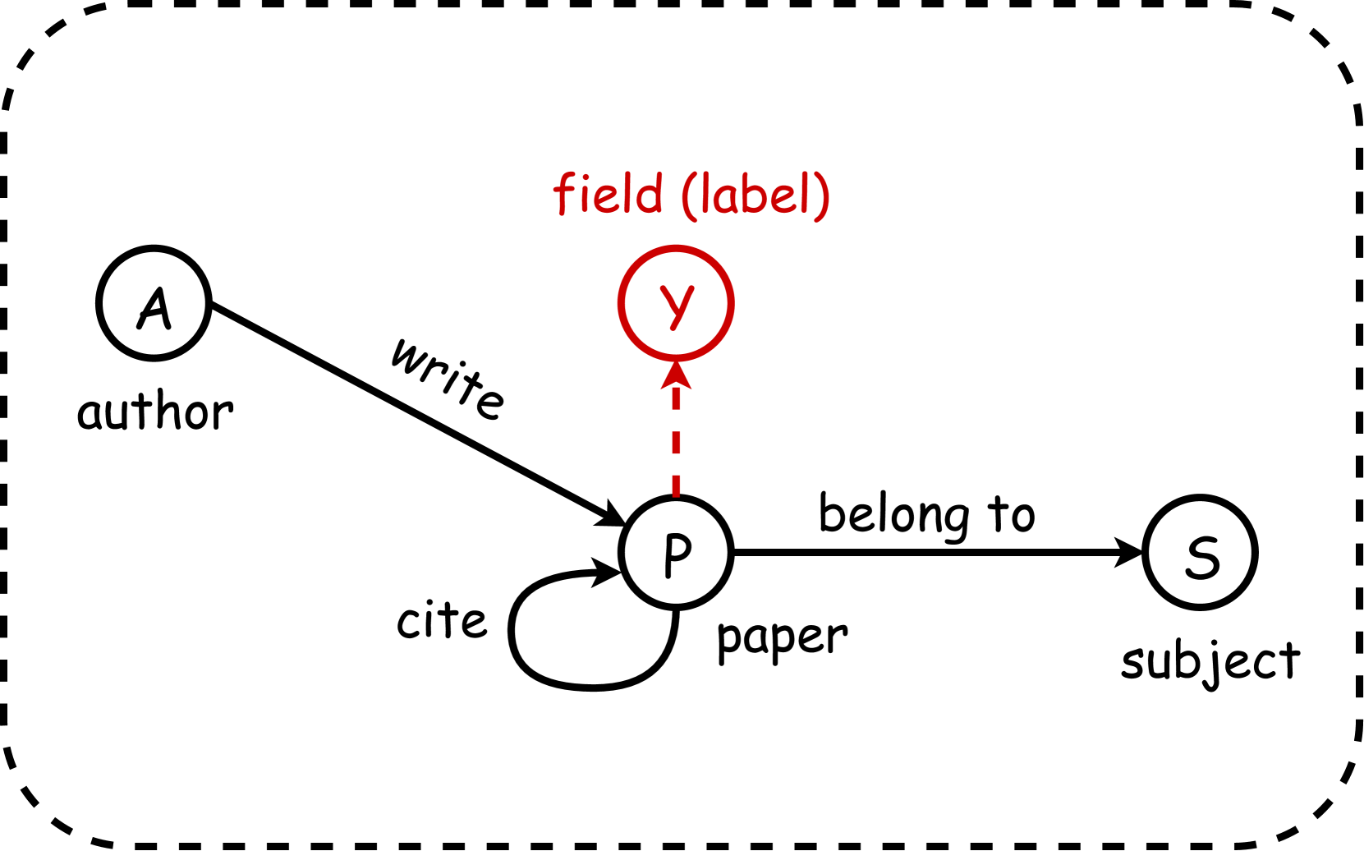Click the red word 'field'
pyautogui.click(x=608, y=195)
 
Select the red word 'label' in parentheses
pyautogui.click(x=755, y=195)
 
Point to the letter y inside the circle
pyautogui.click(x=677, y=305)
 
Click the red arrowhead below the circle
pyautogui.click(x=676, y=375)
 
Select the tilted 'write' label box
pyautogui.click(x=451, y=374)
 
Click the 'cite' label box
pyautogui.click(x=441, y=620)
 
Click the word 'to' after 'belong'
pyautogui.click(x=1011, y=514)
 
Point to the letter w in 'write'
pyautogui.click(x=408, y=354)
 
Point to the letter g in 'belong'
pyautogui.click(x=956, y=520)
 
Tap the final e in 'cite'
pyautogui.click(x=473, y=623)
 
